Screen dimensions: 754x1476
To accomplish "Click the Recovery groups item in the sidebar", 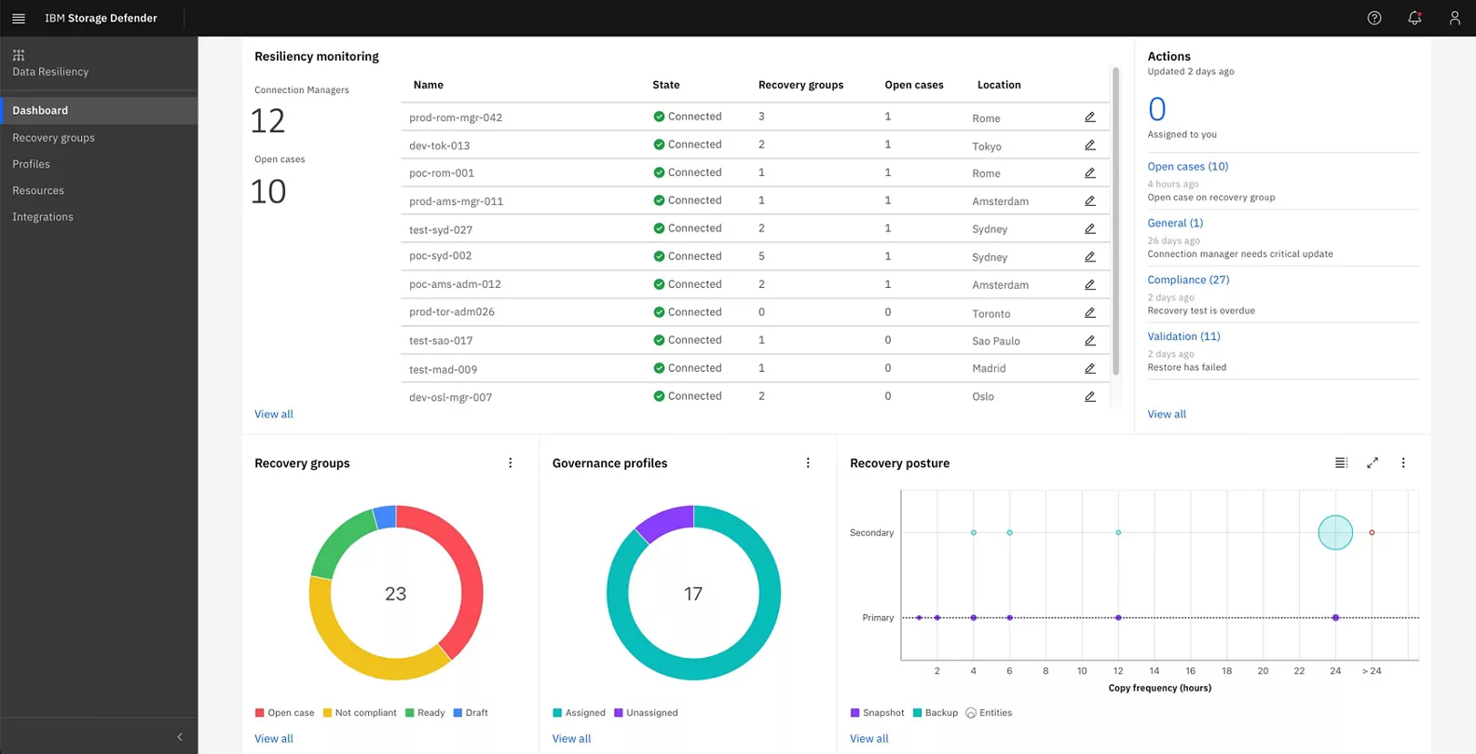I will pyautogui.click(x=53, y=138).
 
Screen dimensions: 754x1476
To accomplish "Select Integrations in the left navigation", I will pyautogui.click(x=43, y=217).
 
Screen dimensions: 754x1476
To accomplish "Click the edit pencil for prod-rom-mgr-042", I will pyautogui.click(x=1089, y=117).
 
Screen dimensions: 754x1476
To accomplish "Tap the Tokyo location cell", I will pyautogui.click(x=986, y=146).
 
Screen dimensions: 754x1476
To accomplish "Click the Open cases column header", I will pyautogui.click(x=913, y=85).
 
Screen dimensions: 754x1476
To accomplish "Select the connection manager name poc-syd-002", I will pyautogui.click(x=440, y=256).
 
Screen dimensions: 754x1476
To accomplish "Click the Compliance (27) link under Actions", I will pyautogui.click(x=1188, y=280).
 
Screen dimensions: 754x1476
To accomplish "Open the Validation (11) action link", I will pyautogui.click(x=1183, y=336).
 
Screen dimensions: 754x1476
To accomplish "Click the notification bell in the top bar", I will pyautogui.click(x=1414, y=18).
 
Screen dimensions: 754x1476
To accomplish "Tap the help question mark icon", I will pyautogui.click(x=1373, y=18).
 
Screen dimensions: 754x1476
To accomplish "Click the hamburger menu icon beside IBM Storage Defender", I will pyautogui.click(x=19, y=18).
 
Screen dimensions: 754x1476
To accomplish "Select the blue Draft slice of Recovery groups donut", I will pyautogui.click(x=384, y=517).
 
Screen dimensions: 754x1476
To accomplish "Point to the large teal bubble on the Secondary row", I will pyautogui.click(x=1334, y=532).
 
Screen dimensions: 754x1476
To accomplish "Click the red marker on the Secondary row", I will pyautogui.click(x=1372, y=533).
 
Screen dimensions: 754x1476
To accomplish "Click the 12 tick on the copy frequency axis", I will pyautogui.click(x=1118, y=671).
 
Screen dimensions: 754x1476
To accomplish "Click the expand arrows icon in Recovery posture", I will pyautogui.click(x=1373, y=463).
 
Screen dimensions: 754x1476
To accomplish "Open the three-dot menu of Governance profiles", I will pyautogui.click(x=808, y=463).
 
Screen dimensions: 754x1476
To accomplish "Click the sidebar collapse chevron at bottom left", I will pyautogui.click(x=180, y=737).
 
